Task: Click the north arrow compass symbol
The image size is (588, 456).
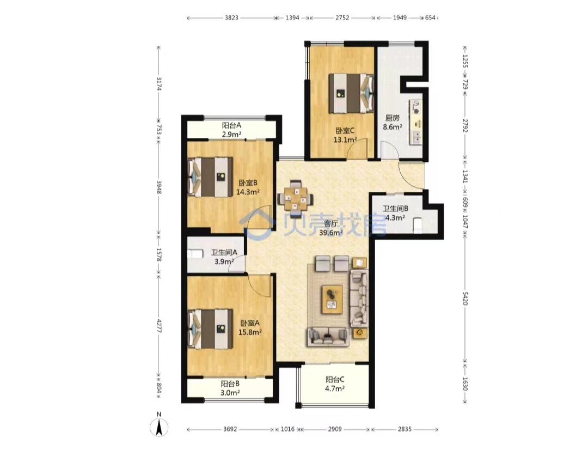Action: (159, 427)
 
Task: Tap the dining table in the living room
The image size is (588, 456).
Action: (295, 196)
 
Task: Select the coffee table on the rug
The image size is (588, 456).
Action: (332, 300)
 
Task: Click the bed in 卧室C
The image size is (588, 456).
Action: (351, 94)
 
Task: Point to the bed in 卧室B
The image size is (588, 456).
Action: (210, 177)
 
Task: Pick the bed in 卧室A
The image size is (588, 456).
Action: (210, 329)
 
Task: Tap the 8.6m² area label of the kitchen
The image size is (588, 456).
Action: (392, 127)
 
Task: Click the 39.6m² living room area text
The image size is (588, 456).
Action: (331, 233)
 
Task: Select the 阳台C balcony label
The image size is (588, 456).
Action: (335, 379)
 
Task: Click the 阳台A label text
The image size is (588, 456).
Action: (231, 125)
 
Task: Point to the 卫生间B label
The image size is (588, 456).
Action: (395, 209)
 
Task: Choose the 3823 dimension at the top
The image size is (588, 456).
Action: (231, 17)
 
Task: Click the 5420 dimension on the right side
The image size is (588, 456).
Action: (465, 299)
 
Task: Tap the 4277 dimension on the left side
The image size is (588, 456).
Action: (158, 326)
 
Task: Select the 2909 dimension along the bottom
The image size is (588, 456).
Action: (335, 429)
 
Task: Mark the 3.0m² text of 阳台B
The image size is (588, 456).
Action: (230, 393)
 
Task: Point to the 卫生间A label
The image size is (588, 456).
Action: (224, 253)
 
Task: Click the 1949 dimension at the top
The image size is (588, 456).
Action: (400, 17)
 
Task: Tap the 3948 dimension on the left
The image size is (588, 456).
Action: (158, 186)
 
